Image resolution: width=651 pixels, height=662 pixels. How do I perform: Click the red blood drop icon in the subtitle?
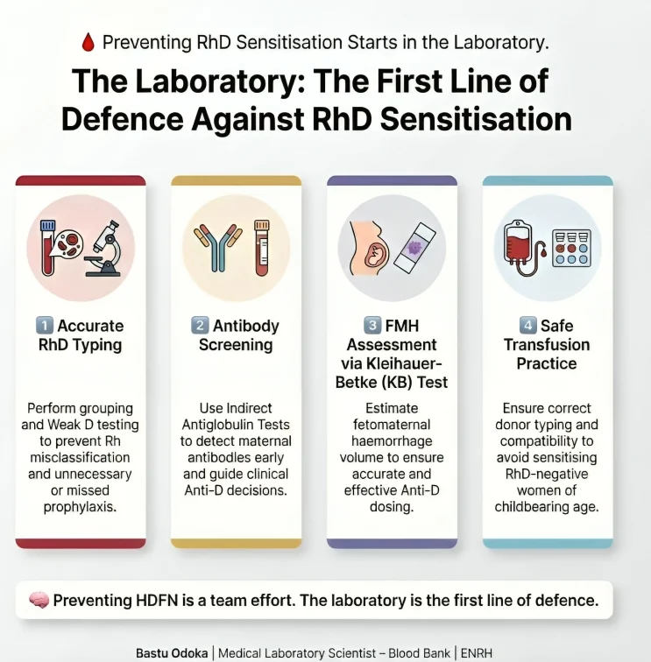coord(88,41)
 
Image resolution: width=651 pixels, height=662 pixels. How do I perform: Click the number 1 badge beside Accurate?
coord(44,326)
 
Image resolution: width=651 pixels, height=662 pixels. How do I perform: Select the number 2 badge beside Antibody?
coord(200,326)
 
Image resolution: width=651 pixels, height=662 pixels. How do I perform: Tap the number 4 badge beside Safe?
coord(527,326)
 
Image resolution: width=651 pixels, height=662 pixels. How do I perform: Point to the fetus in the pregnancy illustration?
coord(376,253)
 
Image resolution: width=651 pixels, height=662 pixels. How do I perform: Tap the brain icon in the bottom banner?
coord(39,601)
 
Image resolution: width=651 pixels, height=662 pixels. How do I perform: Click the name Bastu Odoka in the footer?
coord(173,652)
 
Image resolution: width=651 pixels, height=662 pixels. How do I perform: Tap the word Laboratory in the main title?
coord(202,81)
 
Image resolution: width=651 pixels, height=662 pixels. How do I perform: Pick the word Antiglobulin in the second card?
coord(236,425)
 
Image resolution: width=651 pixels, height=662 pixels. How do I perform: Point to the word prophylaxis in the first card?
coord(81,507)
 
